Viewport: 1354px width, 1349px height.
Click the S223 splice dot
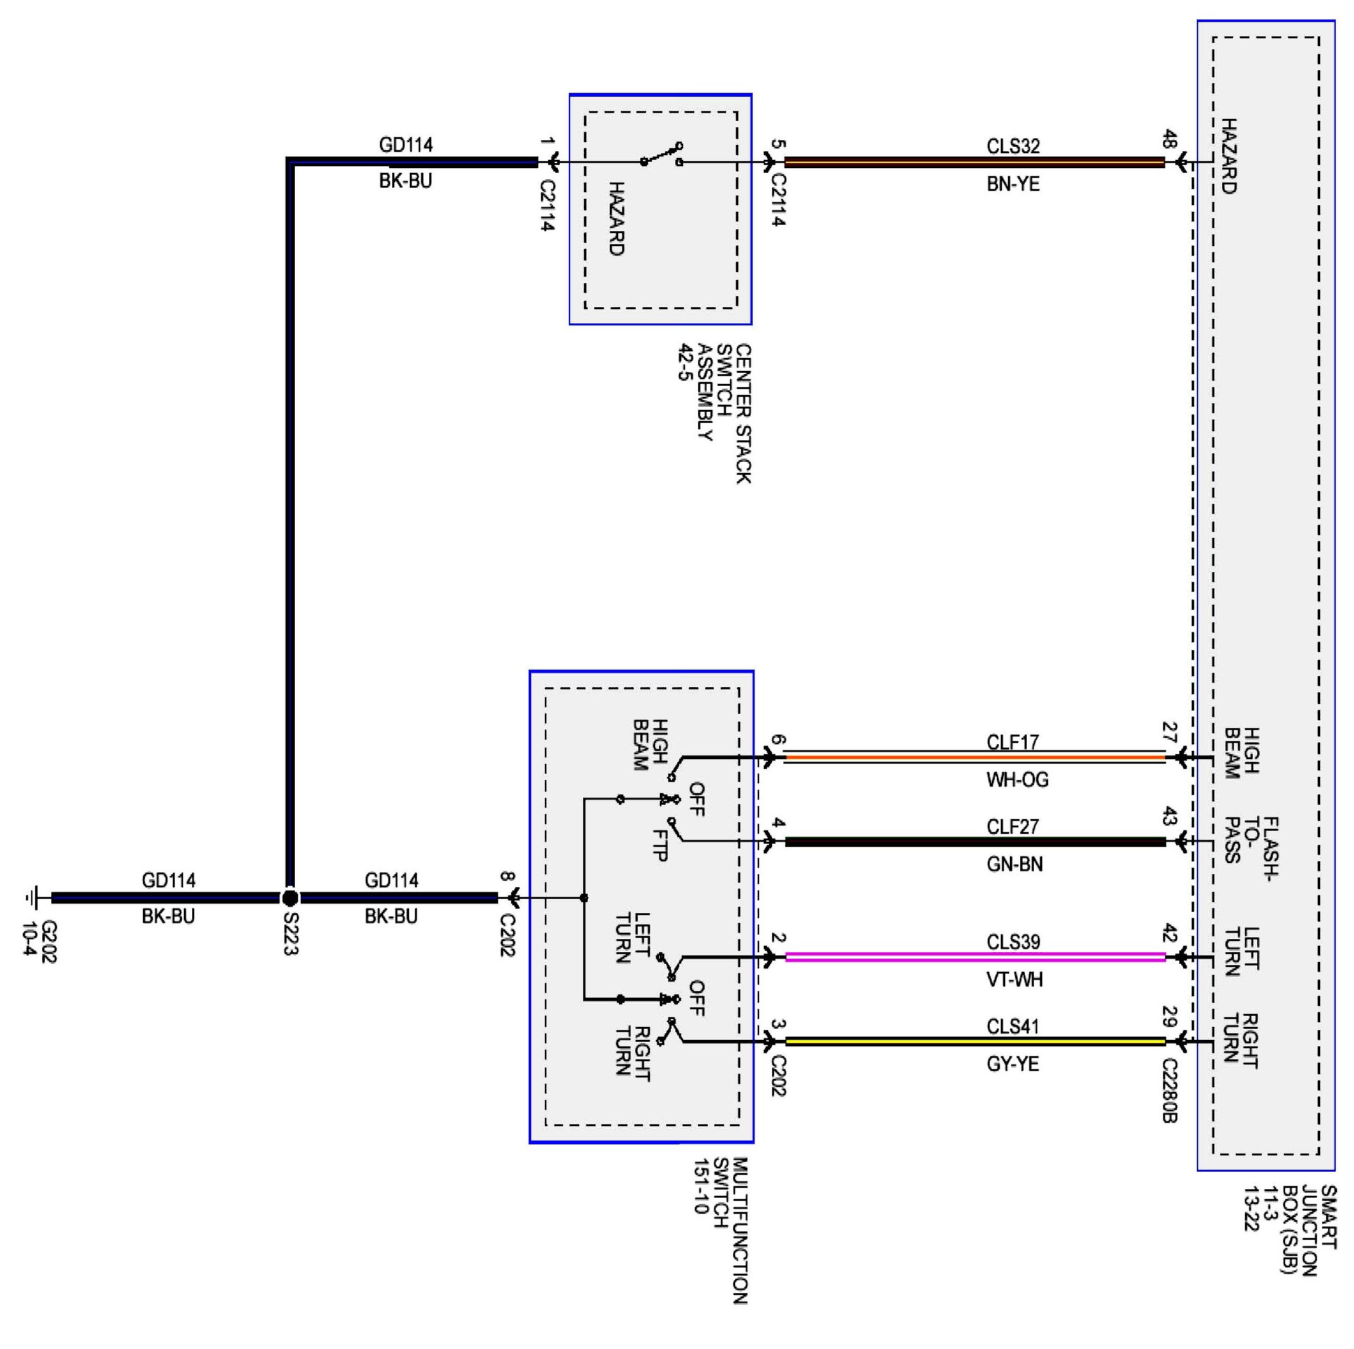point(290,898)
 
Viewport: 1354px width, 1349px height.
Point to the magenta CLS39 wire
point(975,957)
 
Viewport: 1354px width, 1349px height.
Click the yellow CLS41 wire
point(975,1042)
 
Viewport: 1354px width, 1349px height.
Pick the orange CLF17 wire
point(975,757)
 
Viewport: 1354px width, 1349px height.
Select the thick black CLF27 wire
point(975,842)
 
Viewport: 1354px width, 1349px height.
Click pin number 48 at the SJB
point(1169,140)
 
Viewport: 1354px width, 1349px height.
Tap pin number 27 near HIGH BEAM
point(1169,733)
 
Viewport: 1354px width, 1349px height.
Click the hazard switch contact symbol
point(662,155)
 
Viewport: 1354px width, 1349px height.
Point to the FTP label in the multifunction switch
point(660,845)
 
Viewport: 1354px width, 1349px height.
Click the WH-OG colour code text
point(1017,780)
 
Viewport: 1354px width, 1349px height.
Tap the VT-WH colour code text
point(1014,979)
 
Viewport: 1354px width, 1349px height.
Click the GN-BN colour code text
point(1014,864)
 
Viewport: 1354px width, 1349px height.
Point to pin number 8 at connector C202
point(507,876)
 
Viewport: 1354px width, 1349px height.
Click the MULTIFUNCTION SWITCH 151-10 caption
point(720,1231)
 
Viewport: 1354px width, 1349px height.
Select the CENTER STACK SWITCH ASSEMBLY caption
point(714,414)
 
